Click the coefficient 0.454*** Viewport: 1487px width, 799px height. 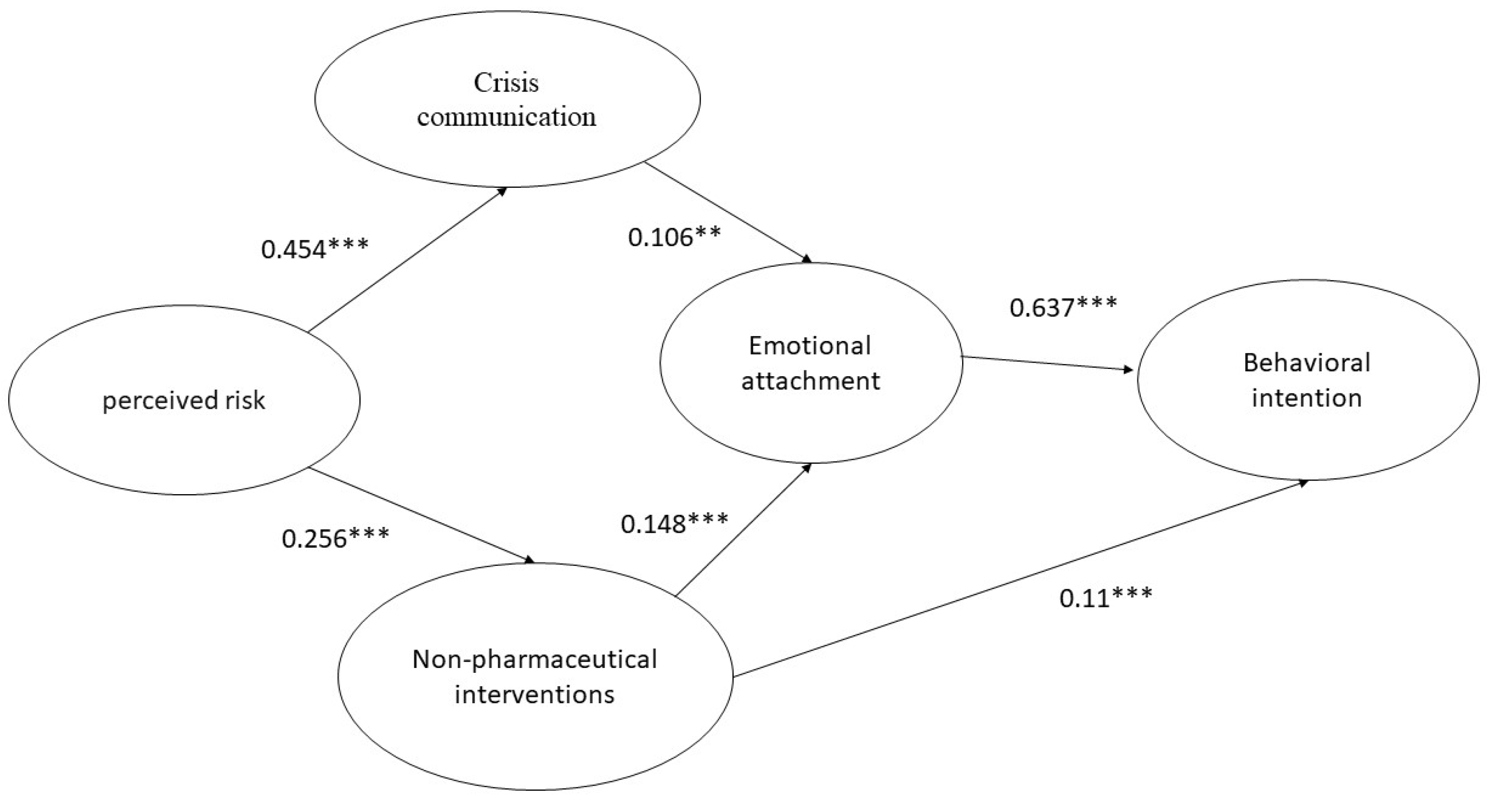[x=314, y=249]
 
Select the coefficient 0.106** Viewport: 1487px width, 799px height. [x=674, y=236]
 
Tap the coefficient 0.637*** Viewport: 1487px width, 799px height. [x=1063, y=307]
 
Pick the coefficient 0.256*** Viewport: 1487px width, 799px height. [x=335, y=538]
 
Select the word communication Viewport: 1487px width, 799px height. [x=506, y=117]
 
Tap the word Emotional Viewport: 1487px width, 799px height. [x=810, y=346]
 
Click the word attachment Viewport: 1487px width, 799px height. [x=810, y=381]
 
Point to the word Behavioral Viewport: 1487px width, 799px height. [x=1307, y=363]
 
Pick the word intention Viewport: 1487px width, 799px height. [x=1307, y=398]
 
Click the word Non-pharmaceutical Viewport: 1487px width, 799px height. [x=535, y=659]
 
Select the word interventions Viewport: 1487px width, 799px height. [x=535, y=694]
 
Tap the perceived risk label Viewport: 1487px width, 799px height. [x=183, y=400]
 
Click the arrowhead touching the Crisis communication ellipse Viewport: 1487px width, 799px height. [x=503, y=191]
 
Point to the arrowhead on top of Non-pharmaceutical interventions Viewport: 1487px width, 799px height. [x=530, y=560]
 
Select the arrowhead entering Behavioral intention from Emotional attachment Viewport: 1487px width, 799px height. [x=1129, y=369]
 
